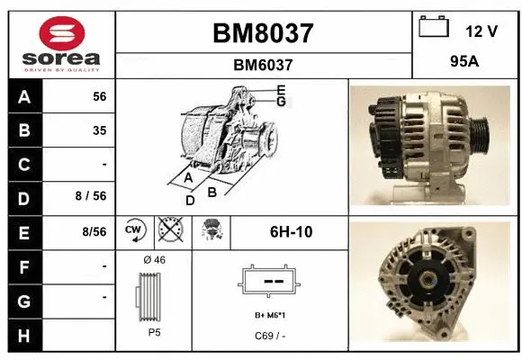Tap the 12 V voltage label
481,31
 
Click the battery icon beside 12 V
434,28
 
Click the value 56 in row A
99,96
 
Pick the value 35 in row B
99,130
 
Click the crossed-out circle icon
169,231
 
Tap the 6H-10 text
291,232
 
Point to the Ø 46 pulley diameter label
154,261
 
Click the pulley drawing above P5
154,295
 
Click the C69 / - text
270,337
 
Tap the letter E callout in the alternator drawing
281,90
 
